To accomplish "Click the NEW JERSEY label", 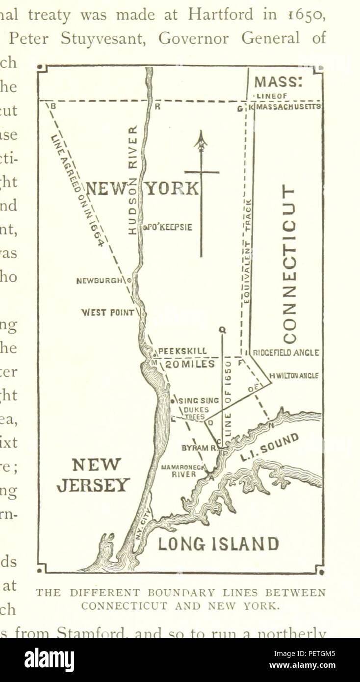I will point(93,475).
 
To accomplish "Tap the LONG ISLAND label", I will point(218,544).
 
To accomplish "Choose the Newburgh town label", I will point(101,281).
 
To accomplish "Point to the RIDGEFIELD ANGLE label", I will point(286,353).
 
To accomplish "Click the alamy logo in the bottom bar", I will point(50,660).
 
